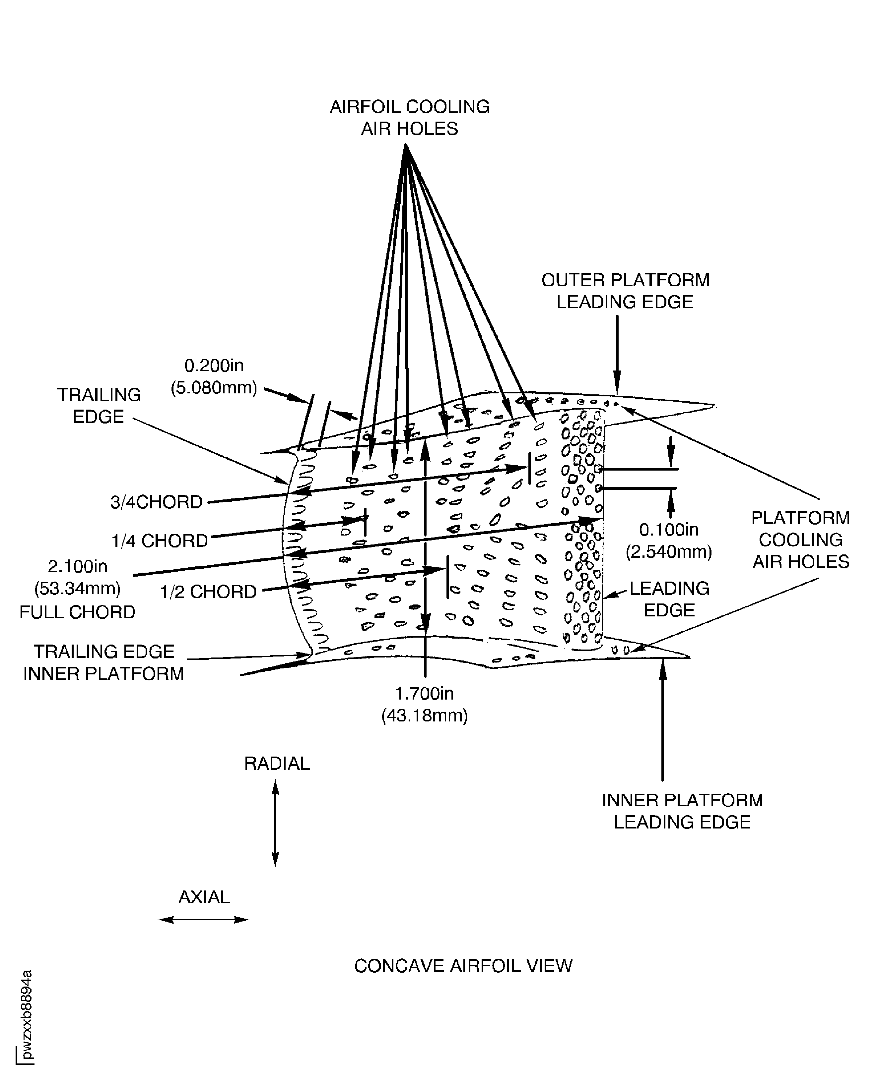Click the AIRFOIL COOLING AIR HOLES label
[x=410, y=118]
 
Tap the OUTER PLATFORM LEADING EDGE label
[x=625, y=291]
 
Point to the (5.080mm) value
[x=214, y=388]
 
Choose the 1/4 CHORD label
[x=160, y=541]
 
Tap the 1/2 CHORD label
[x=208, y=592]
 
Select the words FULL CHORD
[x=77, y=612]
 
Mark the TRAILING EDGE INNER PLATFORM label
[x=104, y=662]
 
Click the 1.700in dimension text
[x=424, y=693]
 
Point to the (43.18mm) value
[x=424, y=715]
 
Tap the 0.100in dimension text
[x=669, y=530]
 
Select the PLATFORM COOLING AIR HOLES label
[x=801, y=540]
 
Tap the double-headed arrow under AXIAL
[x=204, y=920]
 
